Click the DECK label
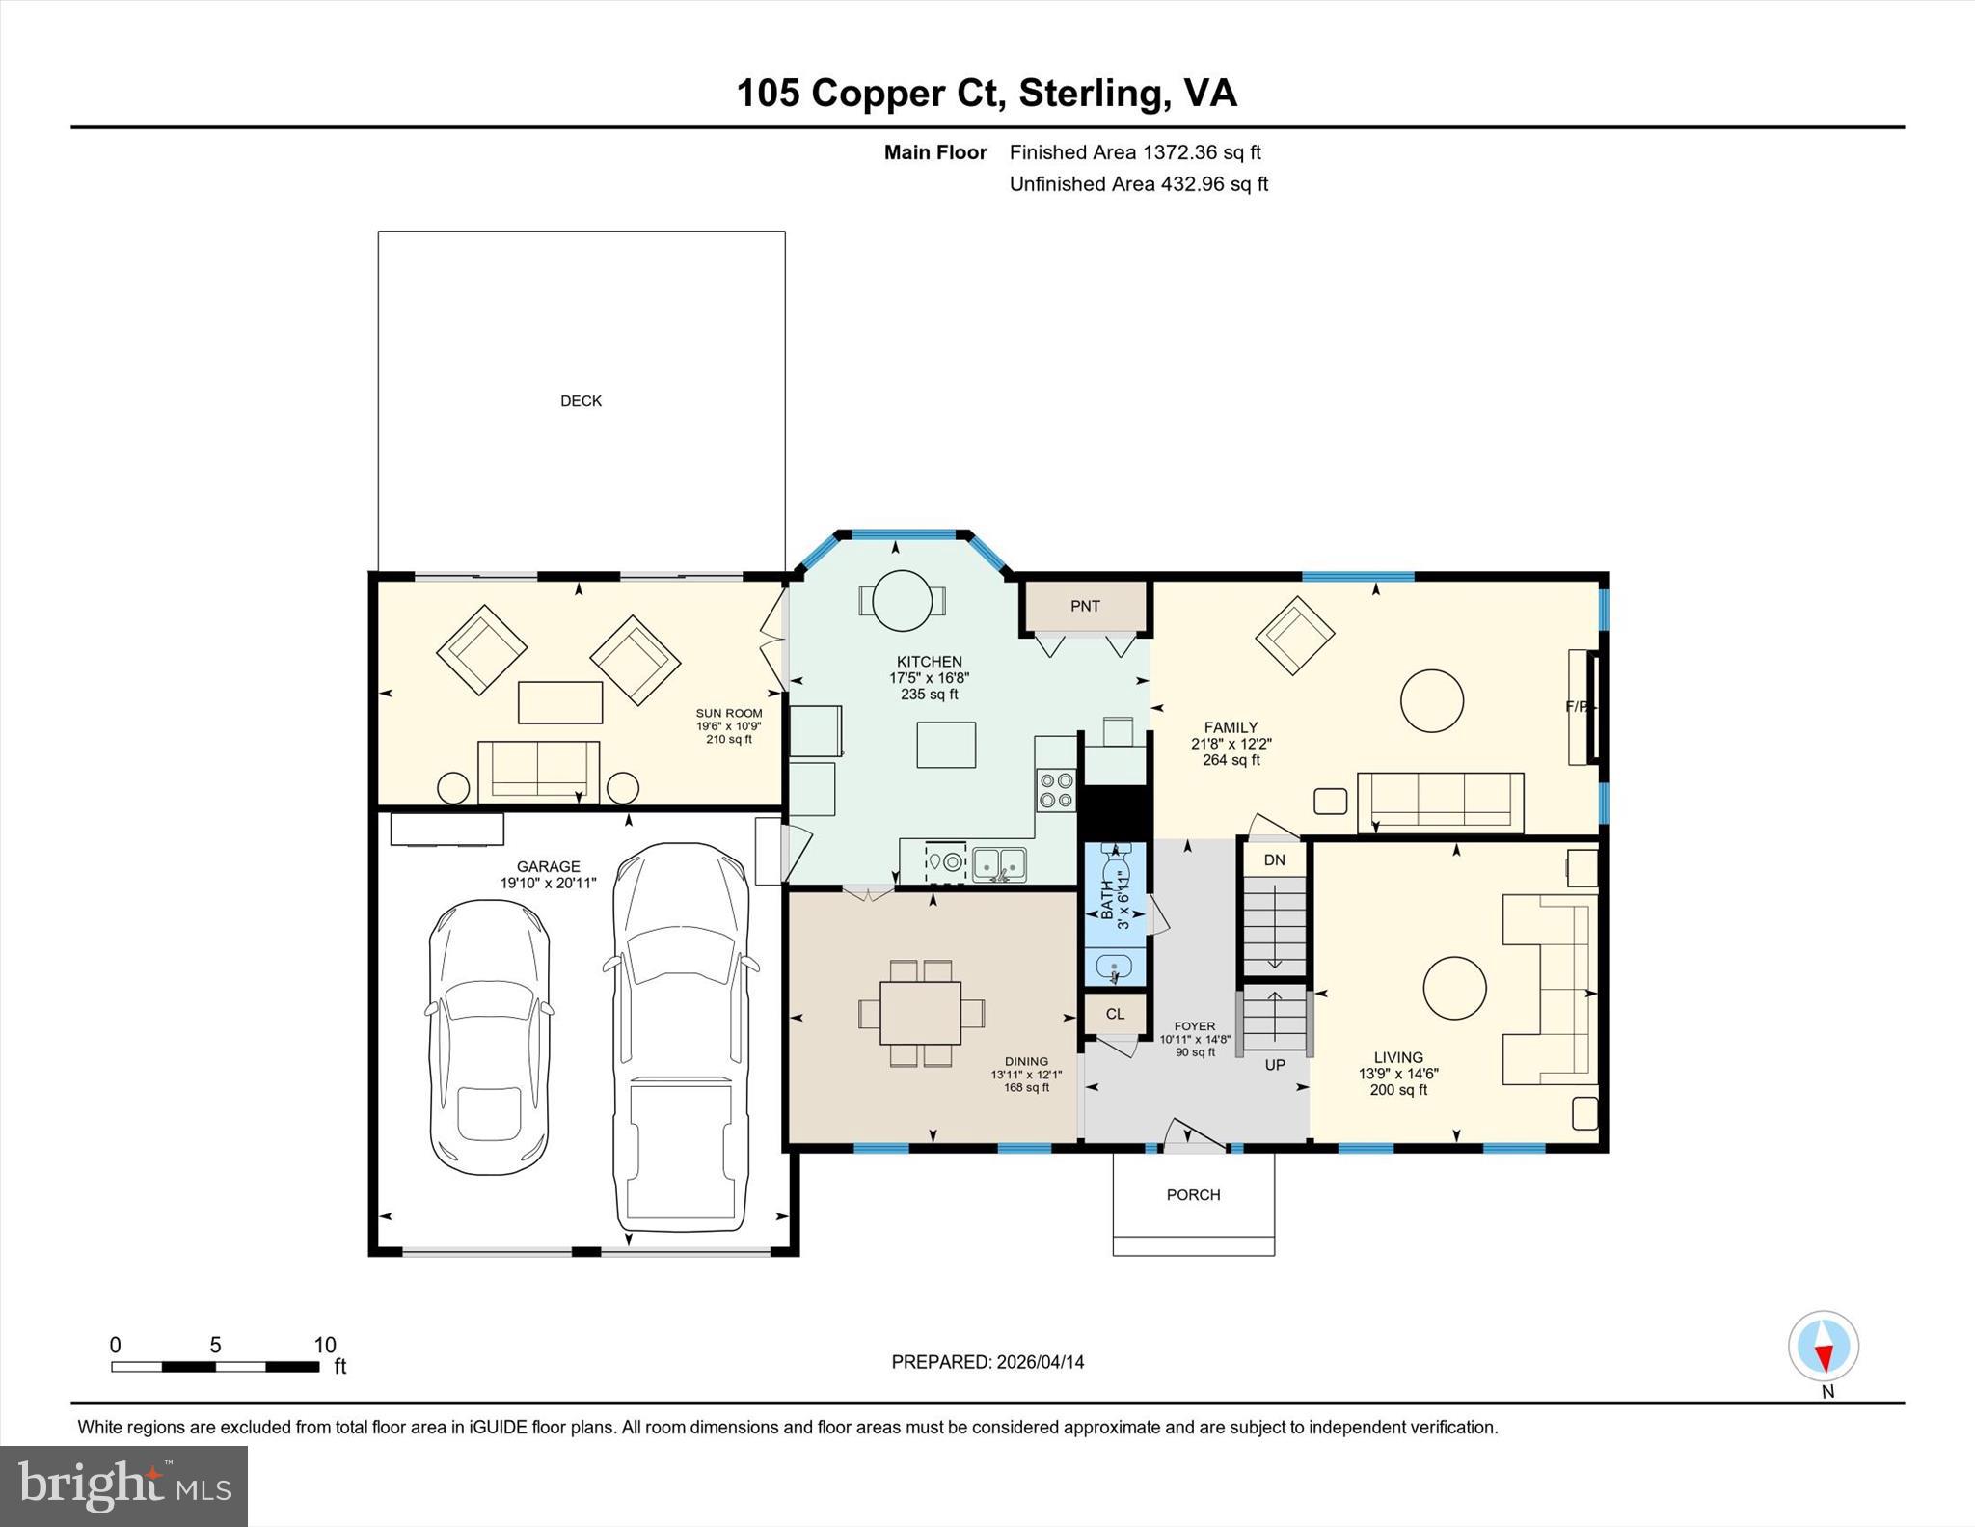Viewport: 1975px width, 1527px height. (x=581, y=401)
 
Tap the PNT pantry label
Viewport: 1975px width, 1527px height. (x=1085, y=606)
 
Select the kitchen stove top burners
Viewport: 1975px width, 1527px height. (x=1056, y=790)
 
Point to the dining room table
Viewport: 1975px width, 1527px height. (x=920, y=1013)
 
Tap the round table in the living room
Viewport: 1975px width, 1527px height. (x=1454, y=988)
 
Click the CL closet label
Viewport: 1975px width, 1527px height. (x=1115, y=1014)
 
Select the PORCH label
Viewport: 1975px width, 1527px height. (x=1193, y=1195)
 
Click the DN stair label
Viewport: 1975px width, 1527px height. (x=1274, y=859)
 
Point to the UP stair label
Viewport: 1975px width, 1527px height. (x=1275, y=1065)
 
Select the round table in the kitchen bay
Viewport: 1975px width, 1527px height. (x=903, y=601)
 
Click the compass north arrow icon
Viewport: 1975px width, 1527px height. (x=1823, y=1347)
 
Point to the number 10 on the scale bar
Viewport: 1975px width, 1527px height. (x=325, y=1345)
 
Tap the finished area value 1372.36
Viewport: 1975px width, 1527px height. (x=1181, y=152)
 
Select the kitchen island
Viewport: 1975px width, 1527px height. (x=946, y=745)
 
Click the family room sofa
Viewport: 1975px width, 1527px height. (x=1440, y=803)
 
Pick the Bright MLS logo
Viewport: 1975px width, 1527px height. (x=123, y=1486)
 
